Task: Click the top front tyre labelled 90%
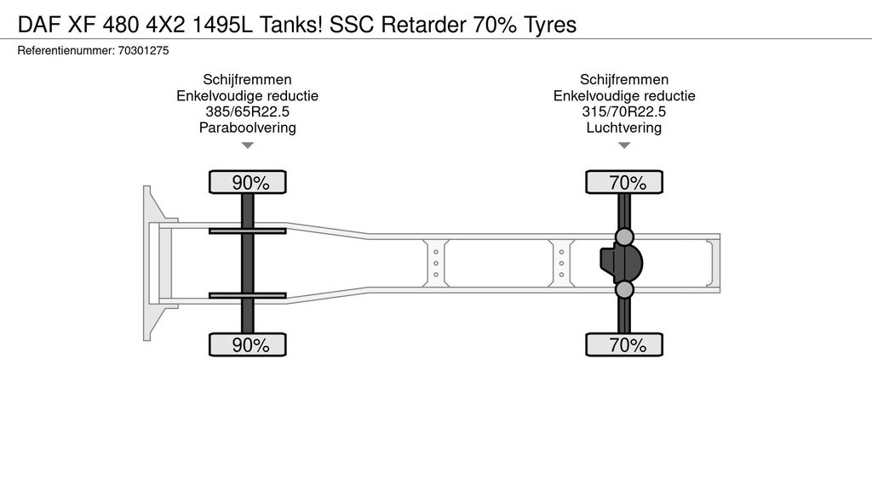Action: click(x=248, y=182)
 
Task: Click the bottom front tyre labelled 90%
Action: click(x=248, y=345)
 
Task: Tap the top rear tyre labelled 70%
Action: click(x=624, y=182)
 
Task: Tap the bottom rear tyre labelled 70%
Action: click(x=624, y=345)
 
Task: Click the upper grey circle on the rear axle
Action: click(x=624, y=236)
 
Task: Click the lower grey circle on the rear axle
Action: click(x=624, y=290)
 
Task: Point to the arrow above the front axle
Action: click(x=248, y=145)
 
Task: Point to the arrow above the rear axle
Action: click(x=624, y=145)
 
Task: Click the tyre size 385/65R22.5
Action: click(x=248, y=112)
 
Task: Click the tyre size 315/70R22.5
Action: click(x=624, y=112)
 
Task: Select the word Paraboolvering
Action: click(x=248, y=128)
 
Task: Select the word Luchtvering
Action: click(x=624, y=128)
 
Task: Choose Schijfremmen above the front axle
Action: click(x=248, y=80)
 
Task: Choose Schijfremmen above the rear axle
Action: click(x=624, y=80)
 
